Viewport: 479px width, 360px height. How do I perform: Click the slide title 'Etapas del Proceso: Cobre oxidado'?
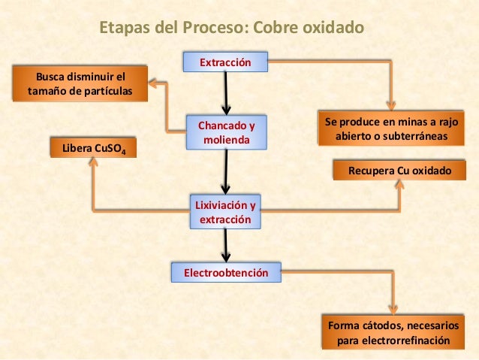[231, 28]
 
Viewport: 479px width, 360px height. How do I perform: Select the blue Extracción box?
[224, 62]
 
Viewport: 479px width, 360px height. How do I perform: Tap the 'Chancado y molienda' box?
[226, 132]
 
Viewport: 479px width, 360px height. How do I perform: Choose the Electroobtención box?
[225, 272]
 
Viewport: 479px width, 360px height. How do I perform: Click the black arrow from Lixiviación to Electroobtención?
[225, 245]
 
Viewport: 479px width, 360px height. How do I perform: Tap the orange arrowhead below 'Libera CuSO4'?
[93, 163]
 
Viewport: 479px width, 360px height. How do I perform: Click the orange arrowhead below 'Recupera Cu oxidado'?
[399, 186]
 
